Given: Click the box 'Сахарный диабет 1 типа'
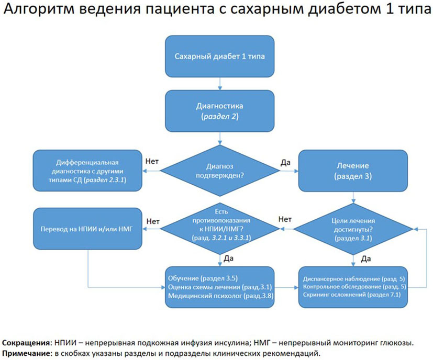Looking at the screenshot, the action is [219, 57].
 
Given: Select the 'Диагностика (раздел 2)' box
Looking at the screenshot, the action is [219, 111].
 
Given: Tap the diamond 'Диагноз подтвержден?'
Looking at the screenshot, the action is [220, 171].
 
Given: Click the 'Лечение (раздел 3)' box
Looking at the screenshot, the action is [353, 171].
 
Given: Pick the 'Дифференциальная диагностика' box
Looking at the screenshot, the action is [87, 171].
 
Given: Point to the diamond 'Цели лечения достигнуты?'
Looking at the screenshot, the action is [353, 229].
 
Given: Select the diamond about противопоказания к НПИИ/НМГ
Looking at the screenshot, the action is [220, 229].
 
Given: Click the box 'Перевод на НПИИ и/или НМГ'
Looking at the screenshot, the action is [88, 229].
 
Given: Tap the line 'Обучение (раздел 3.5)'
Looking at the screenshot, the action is [203, 278].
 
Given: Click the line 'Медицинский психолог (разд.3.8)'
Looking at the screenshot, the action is [220, 296].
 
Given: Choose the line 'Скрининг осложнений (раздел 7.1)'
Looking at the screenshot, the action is [351, 295].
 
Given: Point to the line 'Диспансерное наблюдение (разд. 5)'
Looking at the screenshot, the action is [354, 279].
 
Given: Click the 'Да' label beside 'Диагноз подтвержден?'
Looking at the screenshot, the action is [285, 163].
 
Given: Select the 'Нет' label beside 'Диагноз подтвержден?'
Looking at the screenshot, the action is [152, 162].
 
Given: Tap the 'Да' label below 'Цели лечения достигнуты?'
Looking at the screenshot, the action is [366, 259].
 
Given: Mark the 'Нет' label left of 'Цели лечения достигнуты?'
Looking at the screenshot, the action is [285, 219].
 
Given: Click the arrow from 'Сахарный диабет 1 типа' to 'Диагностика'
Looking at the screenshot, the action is [220, 84].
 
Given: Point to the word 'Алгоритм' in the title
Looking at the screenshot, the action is [39, 8].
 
